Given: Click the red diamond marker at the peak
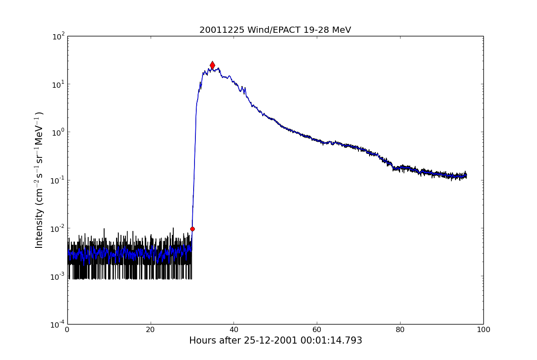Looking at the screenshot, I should point(212,65).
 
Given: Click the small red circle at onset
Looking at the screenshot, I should point(192,229).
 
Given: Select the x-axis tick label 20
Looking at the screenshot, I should point(151,330).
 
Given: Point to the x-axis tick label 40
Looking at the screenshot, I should point(234,330).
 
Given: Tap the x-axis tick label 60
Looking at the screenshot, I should point(317,330).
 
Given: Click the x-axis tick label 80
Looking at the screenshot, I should point(400,330).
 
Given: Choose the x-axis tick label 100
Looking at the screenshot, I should point(483,330).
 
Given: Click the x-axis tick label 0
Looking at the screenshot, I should point(67,330).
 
